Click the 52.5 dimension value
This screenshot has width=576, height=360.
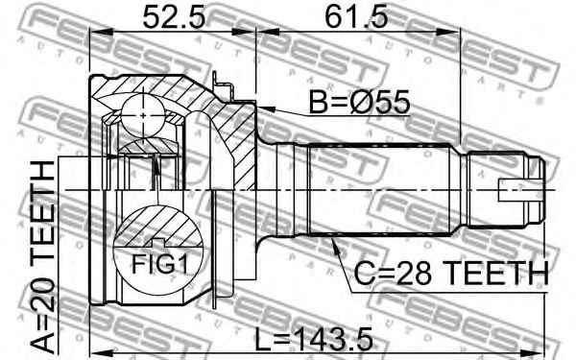coord(174,17)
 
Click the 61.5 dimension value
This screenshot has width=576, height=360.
coord(356,17)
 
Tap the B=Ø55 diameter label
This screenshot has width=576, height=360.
coord(359,102)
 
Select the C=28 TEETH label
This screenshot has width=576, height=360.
coord(451,274)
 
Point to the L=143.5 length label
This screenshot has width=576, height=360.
coord(314,340)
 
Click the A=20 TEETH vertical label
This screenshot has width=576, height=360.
coord(42,256)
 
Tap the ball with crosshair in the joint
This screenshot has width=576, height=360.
coord(143,115)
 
